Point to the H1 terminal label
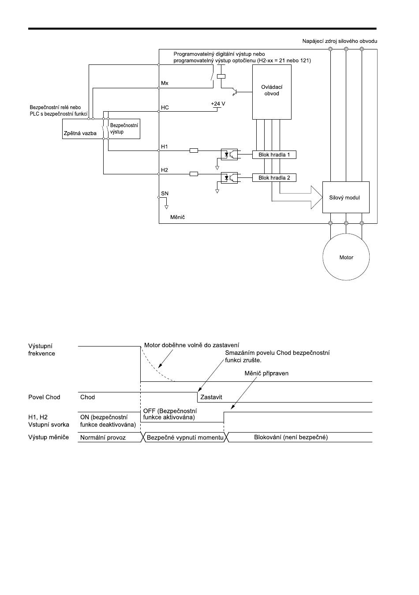pyautogui.click(x=164, y=147)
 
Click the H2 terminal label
pyautogui.click(x=164, y=170)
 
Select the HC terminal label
pyautogui.click(x=165, y=108)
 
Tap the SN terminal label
pyautogui.click(x=165, y=193)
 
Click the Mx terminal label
pyautogui.click(x=165, y=83)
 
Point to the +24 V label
pyautogui.click(x=218, y=104)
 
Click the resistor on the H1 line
pyautogui.click(x=194, y=151)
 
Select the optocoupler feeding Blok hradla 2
pyautogui.click(x=229, y=178)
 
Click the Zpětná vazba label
pyautogui.click(x=80, y=133)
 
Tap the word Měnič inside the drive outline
pyautogui.click(x=178, y=217)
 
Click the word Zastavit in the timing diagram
pyautogui.click(x=211, y=397)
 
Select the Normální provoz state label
pyautogui.click(x=103, y=437)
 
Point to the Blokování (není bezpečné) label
pyautogui.click(x=291, y=437)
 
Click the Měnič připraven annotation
pyautogui.click(x=266, y=373)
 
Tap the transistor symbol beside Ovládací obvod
pyautogui.click(x=235, y=92)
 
